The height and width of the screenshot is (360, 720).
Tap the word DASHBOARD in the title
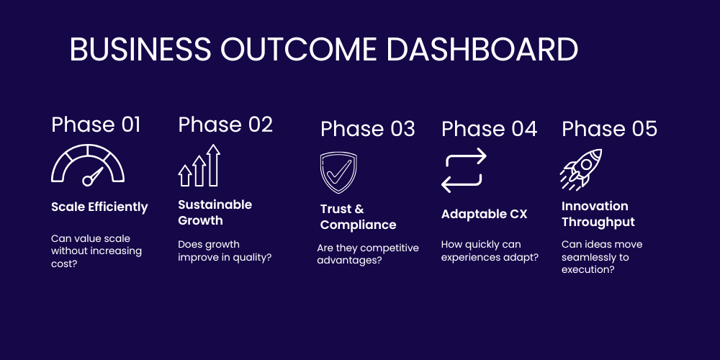tap(482, 49)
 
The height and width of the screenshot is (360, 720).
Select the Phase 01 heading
tap(96, 125)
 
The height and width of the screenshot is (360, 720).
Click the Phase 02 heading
tap(225, 125)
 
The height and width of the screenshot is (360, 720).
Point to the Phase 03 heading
tap(368, 129)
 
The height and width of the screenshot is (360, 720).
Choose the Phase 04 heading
tap(489, 129)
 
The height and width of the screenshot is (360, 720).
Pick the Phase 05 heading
tap(609, 129)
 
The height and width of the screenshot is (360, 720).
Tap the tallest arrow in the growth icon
tap(213, 165)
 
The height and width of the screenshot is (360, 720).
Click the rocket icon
tap(581, 169)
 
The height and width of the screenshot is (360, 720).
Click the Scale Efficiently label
tap(99, 207)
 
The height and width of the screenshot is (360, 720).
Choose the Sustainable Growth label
tap(215, 212)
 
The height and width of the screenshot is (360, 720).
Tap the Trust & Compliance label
tap(358, 217)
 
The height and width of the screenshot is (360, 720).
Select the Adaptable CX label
tap(485, 215)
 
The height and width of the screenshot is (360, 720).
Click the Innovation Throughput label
tap(598, 214)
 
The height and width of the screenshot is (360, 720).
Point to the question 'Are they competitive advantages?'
tap(368, 254)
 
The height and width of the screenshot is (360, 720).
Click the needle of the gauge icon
tap(93, 176)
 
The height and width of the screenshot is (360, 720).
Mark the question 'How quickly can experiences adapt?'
tap(490, 251)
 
